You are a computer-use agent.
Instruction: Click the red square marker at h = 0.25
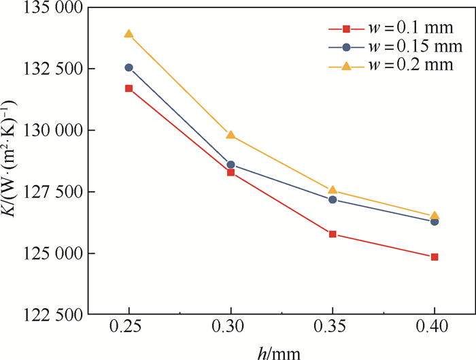(x=129, y=88)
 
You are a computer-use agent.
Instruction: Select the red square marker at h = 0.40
(x=435, y=257)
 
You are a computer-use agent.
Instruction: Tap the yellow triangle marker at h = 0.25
(x=129, y=34)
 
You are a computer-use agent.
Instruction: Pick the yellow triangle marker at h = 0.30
(x=231, y=135)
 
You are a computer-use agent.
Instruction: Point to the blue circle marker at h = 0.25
(x=129, y=67)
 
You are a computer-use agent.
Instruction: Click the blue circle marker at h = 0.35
(x=333, y=199)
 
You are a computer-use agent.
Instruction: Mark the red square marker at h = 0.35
(x=333, y=234)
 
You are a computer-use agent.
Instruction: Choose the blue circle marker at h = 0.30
(x=231, y=165)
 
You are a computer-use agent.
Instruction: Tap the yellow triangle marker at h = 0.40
(x=435, y=216)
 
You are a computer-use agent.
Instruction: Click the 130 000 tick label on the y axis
(x=48, y=130)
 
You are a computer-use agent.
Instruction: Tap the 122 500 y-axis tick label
(x=48, y=315)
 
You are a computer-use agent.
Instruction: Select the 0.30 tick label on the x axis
(x=231, y=327)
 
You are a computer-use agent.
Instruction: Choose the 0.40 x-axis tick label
(x=435, y=327)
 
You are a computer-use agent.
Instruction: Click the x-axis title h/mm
(x=280, y=350)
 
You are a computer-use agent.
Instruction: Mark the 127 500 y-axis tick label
(x=48, y=192)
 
